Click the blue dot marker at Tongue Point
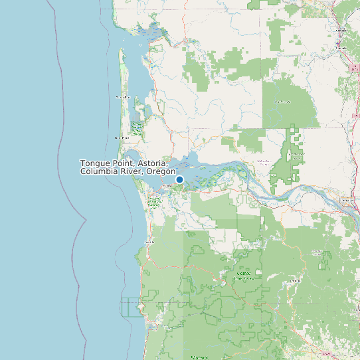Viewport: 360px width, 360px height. pyautogui.click(x=179, y=179)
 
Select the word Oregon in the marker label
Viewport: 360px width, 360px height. pyautogui.click(x=160, y=171)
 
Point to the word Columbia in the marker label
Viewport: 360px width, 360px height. pyautogui.click(x=97, y=171)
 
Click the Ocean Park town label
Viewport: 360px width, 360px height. pyautogui.click(x=122, y=97)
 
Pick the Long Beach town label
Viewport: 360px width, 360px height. pyautogui.click(x=120, y=137)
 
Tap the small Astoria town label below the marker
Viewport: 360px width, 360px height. pyautogui.click(x=167, y=187)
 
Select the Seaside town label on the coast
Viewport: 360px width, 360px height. pyautogui.click(x=149, y=242)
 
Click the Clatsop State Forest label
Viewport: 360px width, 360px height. pyautogui.click(x=244, y=276)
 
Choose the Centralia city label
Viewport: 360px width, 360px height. pyautogui.click(x=343, y=31)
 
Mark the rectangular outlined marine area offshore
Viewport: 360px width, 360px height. pyautogui.click(x=132, y=307)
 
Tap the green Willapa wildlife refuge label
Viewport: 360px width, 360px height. pyautogui.click(x=137, y=127)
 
